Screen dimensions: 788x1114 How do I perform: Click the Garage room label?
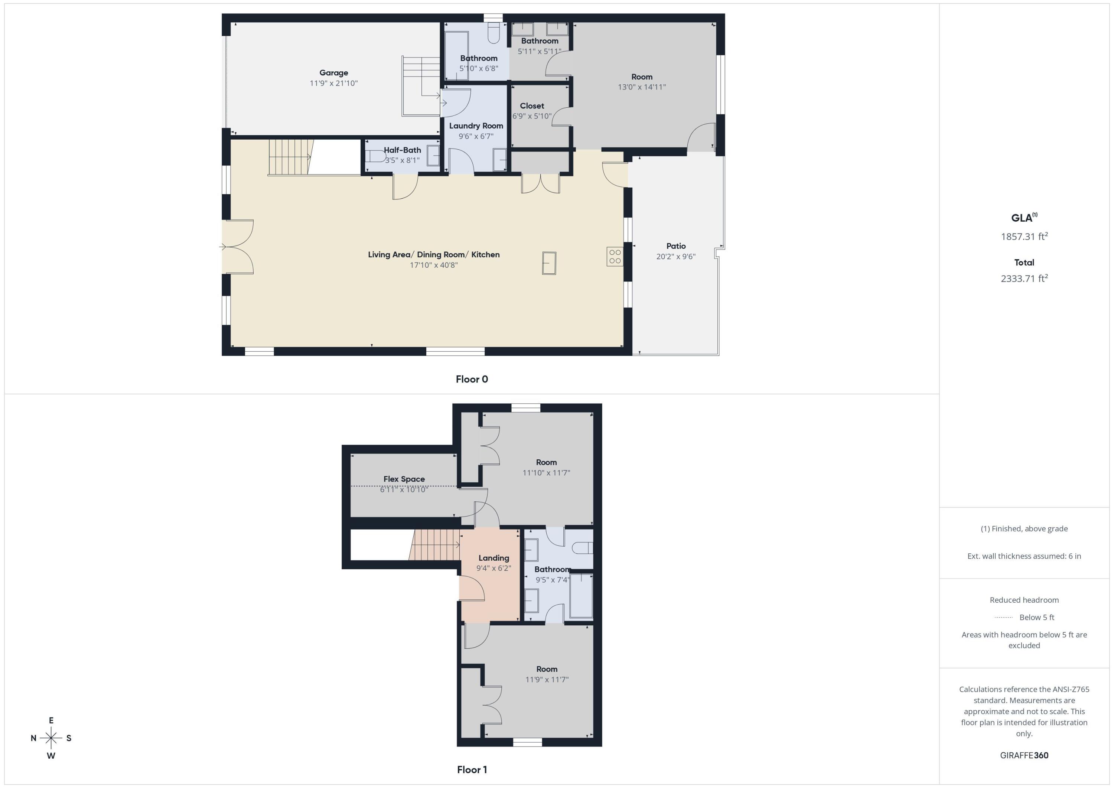(333, 73)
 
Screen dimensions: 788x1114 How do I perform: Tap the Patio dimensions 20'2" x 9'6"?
(675, 257)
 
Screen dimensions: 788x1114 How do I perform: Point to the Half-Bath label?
(402, 150)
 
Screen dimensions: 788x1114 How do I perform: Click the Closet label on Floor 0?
(532, 106)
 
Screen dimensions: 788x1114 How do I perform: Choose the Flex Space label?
(404, 479)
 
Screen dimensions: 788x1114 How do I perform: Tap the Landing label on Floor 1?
(494, 558)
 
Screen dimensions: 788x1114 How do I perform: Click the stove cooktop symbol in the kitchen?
(615, 257)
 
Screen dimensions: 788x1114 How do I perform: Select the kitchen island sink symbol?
(549, 263)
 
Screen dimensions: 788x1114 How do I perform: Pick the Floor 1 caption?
(472, 769)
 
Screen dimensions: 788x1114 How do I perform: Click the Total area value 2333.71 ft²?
(1024, 279)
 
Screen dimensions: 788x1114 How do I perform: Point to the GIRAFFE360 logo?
(1024, 755)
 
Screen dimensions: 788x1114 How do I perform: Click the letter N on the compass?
(33, 738)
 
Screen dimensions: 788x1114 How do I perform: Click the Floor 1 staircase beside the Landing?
(435, 544)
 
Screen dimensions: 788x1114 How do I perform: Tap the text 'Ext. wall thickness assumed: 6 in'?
(1024, 556)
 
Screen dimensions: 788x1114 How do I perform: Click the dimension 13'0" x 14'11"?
(641, 87)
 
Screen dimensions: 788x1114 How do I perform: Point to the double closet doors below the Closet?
(541, 183)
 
